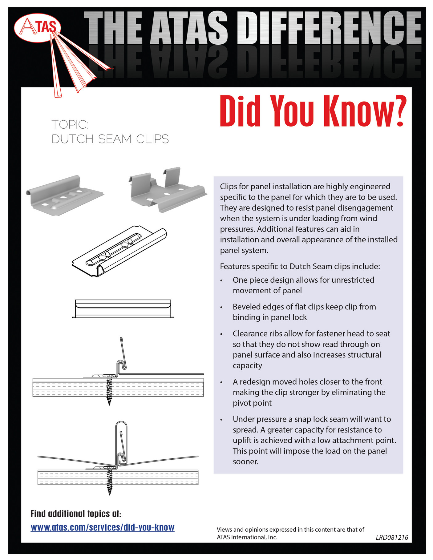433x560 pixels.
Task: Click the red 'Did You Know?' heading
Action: coord(312,111)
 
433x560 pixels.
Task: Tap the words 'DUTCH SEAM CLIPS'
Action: coord(110,139)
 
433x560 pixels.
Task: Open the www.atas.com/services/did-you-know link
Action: coord(103,527)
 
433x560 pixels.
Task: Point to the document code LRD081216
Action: coord(392,538)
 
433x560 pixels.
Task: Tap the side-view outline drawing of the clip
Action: coord(123,308)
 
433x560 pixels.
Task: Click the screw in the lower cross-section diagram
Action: coord(110,480)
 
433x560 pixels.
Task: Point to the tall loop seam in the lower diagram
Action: coord(121,440)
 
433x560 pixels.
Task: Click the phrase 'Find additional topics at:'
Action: coord(76,514)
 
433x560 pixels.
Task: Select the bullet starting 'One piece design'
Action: coord(303,285)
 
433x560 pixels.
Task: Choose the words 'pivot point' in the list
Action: coord(252,403)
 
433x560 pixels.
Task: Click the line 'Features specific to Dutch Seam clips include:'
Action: coord(300,266)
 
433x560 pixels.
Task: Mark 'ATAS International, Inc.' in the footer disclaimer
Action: coord(247,537)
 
